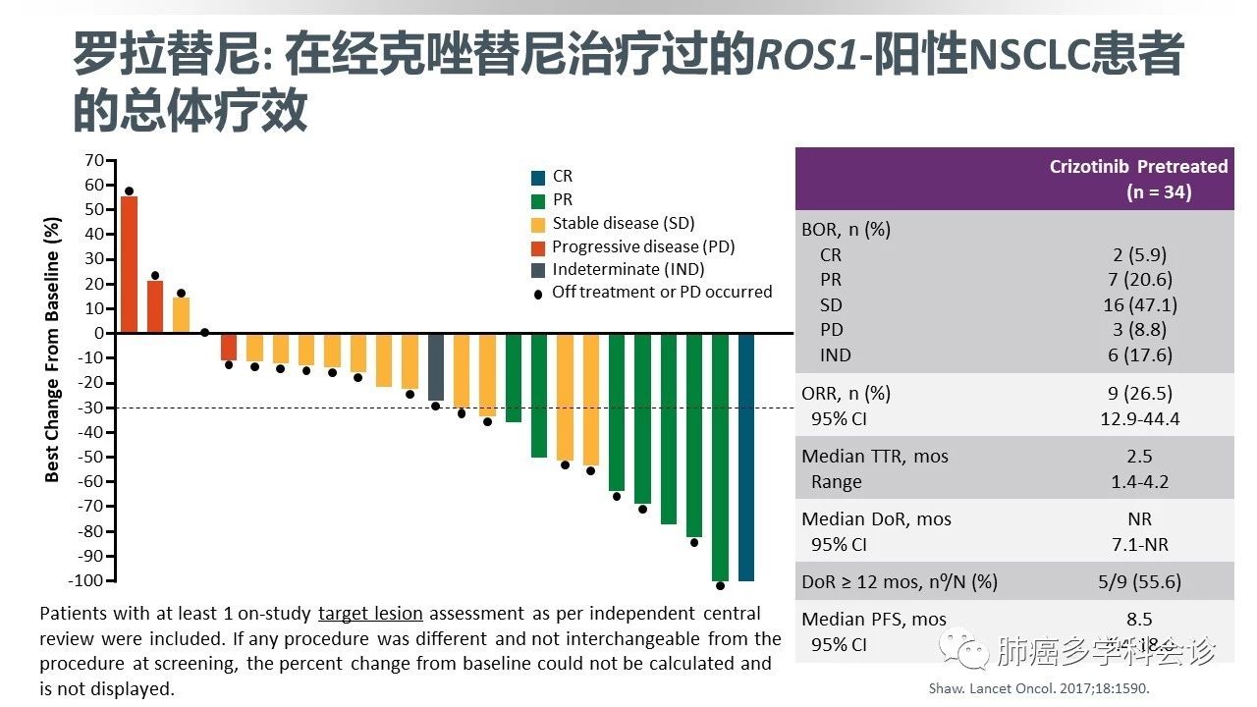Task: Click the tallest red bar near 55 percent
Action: pos(129,265)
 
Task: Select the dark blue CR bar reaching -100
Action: pos(746,457)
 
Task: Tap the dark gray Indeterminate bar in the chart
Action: pos(436,366)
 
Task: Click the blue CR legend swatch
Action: pos(537,178)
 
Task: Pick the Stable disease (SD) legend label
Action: pos(623,223)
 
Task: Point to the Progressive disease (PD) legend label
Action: pos(642,246)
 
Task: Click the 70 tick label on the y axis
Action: pos(94,160)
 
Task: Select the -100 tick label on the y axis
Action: pos(86,580)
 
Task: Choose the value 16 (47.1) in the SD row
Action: pos(1139,305)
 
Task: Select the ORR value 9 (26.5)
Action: pos(1139,394)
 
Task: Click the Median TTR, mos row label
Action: pos(875,457)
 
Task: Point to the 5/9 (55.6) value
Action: pos(1139,581)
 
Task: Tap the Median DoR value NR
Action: pos(1139,519)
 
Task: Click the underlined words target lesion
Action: pos(370,614)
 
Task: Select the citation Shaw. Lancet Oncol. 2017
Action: pos(1038,688)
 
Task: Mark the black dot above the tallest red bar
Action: pos(129,191)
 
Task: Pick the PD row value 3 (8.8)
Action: pos(1139,330)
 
